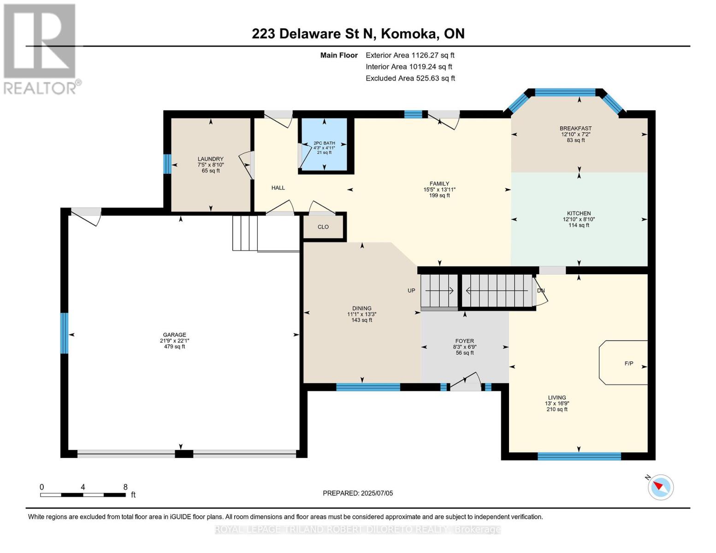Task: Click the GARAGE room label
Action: (174, 335)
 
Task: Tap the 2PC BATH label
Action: (324, 143)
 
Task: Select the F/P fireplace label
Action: (629, 364)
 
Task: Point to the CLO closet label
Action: (323, 227)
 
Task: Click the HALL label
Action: (278, 188)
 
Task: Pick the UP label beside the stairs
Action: (411, 290)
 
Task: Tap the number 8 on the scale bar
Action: (125, 487)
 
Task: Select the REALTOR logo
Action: (41, 49)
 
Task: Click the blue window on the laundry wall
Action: (167, 164)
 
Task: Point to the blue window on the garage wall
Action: (65, 333)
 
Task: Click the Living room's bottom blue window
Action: (579, 456)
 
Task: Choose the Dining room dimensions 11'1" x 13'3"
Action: (362, 314)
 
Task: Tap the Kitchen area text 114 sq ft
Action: (579, 225)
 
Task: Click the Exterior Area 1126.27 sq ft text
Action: (410, 55)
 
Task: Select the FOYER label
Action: (465, 341)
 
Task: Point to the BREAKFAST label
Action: (576, 128)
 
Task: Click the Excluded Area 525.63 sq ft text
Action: (410, 78)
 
